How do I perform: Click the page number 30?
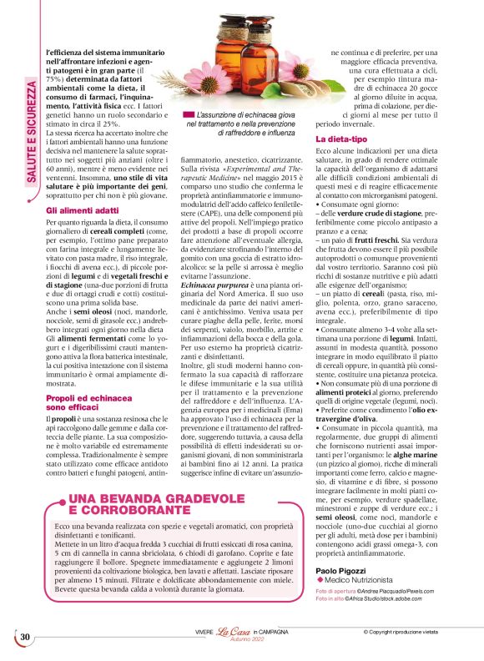(x=25, y=638)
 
